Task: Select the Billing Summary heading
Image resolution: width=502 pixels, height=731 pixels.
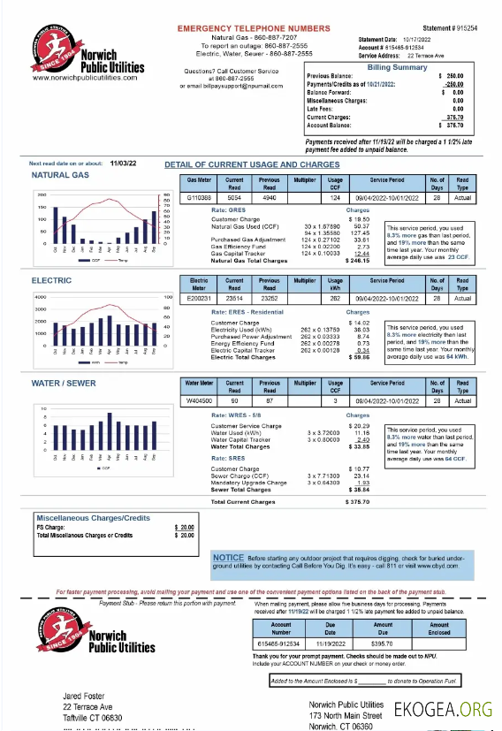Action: (x=397, y=67)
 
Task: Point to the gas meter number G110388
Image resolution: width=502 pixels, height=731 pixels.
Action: (x=200, y=198)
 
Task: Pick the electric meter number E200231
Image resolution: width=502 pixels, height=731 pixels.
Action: (x=200, y=299)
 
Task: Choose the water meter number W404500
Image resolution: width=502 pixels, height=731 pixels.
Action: (x=200, y=400)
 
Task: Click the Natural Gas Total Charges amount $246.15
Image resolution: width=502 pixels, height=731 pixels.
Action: (x=358, y=261)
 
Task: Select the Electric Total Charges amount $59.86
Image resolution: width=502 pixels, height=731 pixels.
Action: (x=358, y=358)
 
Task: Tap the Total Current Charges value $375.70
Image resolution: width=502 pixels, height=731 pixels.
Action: (x=357, y=502)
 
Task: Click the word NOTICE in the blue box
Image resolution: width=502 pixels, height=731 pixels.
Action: (x=229, y=558)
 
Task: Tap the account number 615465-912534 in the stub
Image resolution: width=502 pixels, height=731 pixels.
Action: (x=280, y=646)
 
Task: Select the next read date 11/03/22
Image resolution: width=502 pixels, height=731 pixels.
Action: (x=123, y=164)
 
